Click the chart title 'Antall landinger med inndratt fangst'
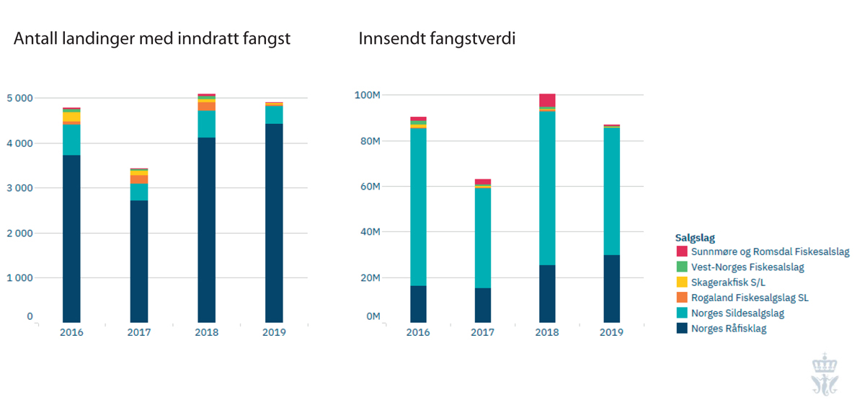coord(152,39)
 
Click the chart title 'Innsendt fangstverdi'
coord(438,39)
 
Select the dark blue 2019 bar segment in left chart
coord(274,223)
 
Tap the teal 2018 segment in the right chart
coord(547,187)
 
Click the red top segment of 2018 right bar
coord(547,100)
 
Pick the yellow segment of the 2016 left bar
coord(71,117)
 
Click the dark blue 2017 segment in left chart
coord(139,261)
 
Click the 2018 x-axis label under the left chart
coord(207,332)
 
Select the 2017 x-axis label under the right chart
coord(483,332)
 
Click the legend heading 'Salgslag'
coord(695,237)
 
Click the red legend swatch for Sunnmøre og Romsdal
coord(681,252)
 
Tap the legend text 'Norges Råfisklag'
coord(728,329)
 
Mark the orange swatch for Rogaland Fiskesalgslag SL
coord(681,298)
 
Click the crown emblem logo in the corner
coord(820,374)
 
